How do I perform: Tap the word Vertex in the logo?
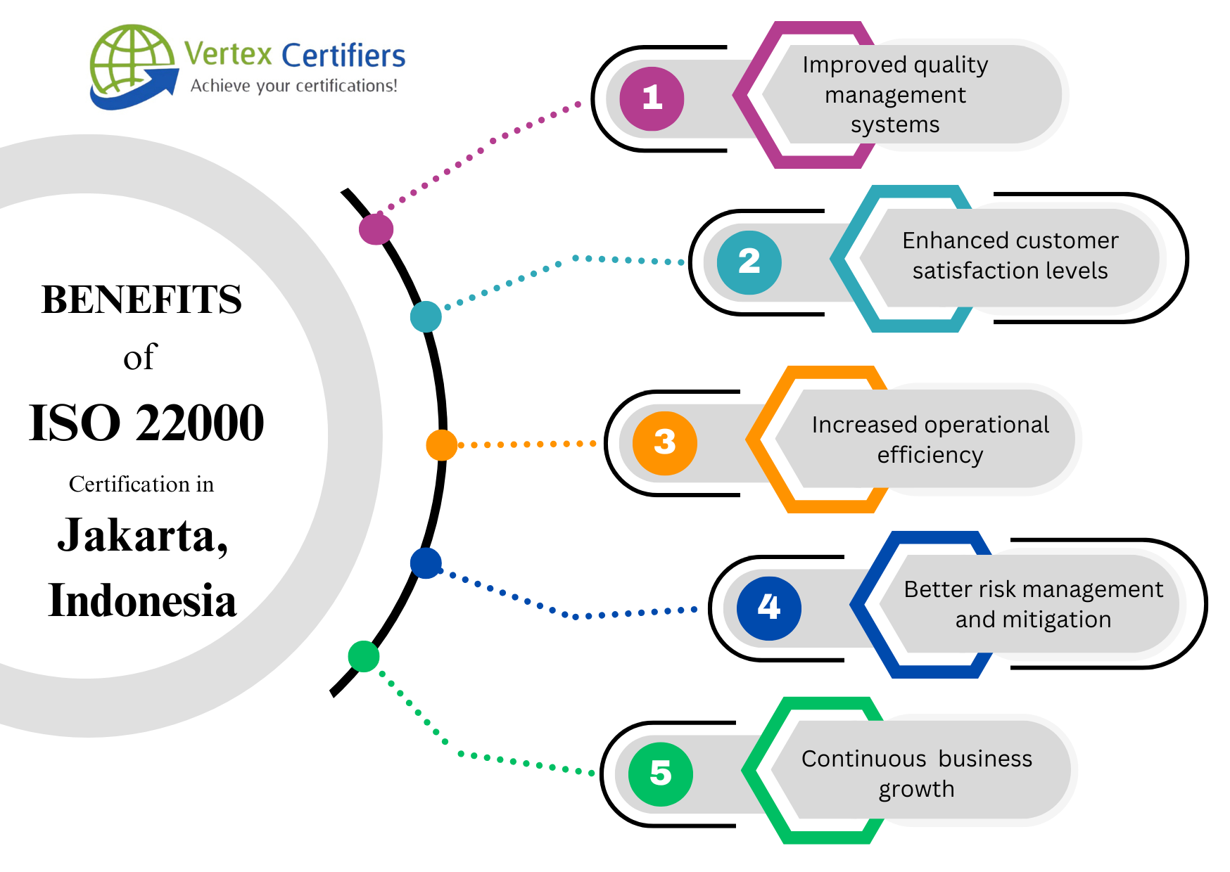pyautogui.click(x=228, y=54)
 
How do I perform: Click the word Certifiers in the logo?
pyautogui.click(x=343, y=56)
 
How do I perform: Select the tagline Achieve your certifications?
pyautogui.click(x=293, y=86)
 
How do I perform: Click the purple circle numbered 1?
pyautogui.click(x=652, y=98)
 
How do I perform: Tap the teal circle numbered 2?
pyautogui.click(x=749, y=262)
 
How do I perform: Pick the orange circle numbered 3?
pyautogui.click(x=664, y=443)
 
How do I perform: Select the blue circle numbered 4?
pyautogui.click(x=768, y=608)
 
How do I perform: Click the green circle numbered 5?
pyautogui.click(x=660, y=774)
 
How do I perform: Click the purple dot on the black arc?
pyautogui.click(x=376, y=229)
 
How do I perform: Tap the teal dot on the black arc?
pyautogui.click(x=426, y=316)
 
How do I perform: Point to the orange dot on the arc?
pyautogui.click(x=441, y=445)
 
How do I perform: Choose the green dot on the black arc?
pyautogui.click(x=364, y=656)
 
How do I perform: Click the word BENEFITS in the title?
pyautogui.click(x=141, y=300)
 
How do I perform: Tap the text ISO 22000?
pyautogui.click(x=146, y=423)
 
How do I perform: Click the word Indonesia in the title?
pyautogui.click(x=142, y=601)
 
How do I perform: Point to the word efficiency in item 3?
pyautogui.click(x=930, y=455)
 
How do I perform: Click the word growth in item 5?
pyautogui.click(x=916, y=789)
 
